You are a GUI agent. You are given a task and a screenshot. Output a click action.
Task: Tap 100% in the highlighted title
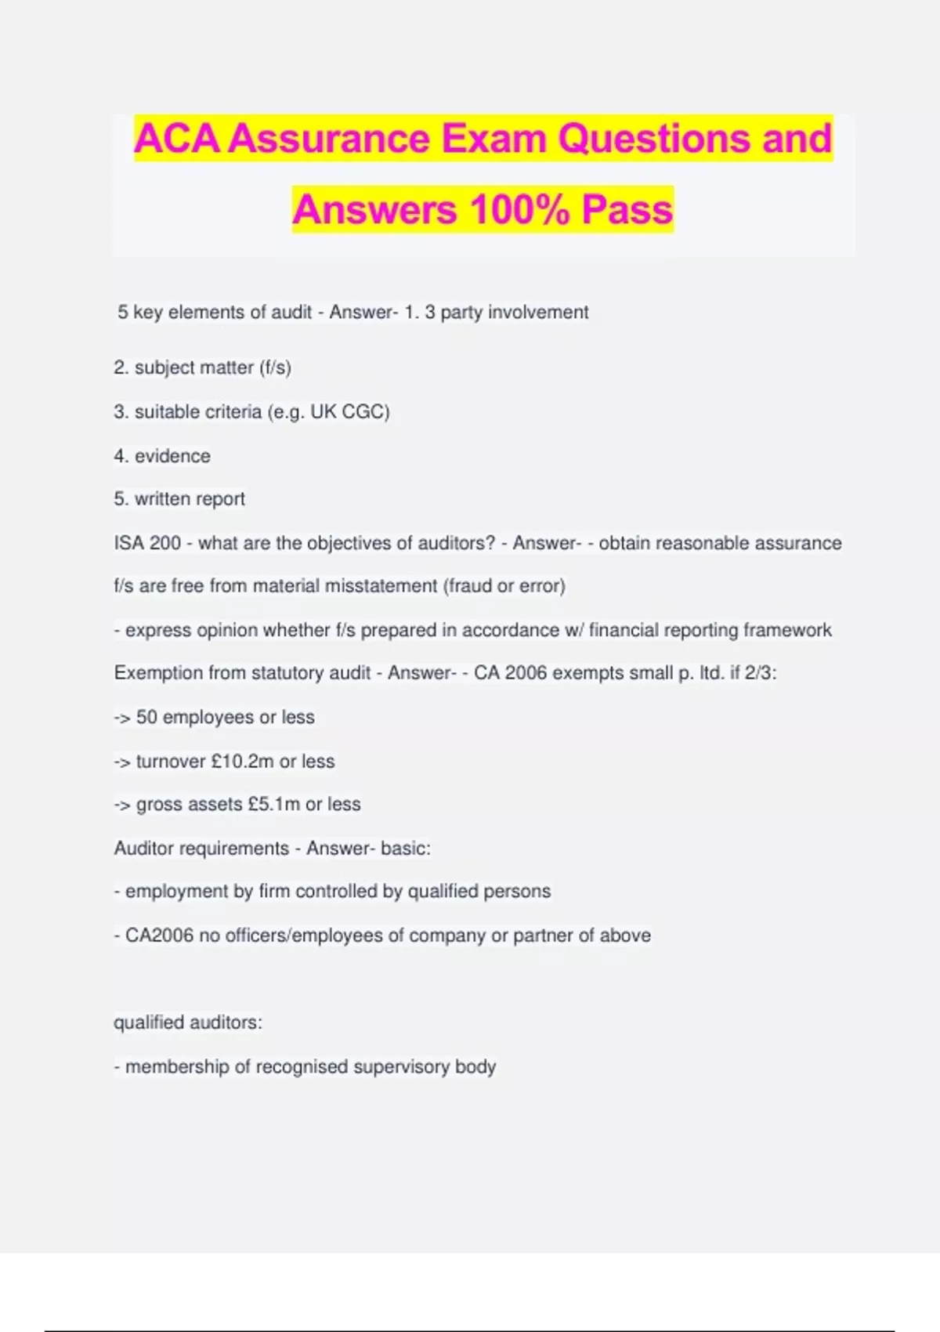pyautogui.click(x=519, y=210)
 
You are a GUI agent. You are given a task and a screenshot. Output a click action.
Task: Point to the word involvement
pyautogui.click(x=538, y=312)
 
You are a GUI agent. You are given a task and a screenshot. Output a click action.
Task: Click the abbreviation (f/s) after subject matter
pyautogui.click(x=275, y=367)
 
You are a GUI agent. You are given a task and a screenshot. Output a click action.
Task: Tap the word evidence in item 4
pyautogui.click(x=172, y=456)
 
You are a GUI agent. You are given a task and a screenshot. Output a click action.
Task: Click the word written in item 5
pyautogui.click(x=162, y=499)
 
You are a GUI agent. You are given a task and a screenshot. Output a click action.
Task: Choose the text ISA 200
pyautogui.click(x=147, y=543)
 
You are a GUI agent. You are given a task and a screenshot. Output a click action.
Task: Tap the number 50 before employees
pyautogui.click(x=146, y=717)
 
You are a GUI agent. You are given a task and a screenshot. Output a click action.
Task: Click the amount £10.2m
pyautogui.click(x=242, y=761)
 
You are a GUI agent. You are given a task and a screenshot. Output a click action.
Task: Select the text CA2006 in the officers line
pyautogui.click(x=159, y=936)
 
